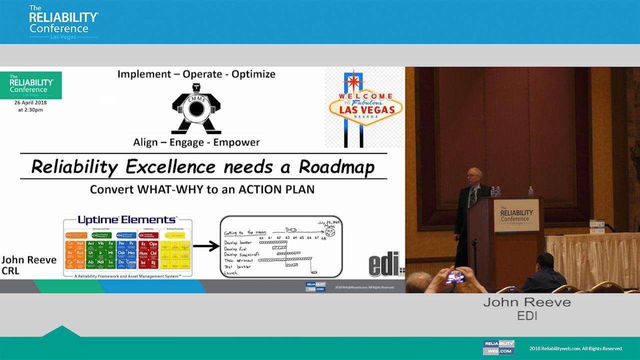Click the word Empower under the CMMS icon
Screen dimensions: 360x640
(236, 142)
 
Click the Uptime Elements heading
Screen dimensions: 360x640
(127, 220)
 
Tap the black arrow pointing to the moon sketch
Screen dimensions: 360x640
(206, 246)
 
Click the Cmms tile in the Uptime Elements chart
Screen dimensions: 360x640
(131, 262)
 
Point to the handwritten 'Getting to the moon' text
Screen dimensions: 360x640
(245, 232)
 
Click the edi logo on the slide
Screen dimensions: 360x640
(385, 264)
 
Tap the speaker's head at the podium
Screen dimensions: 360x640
(475, 175)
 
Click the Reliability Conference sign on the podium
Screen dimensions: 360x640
(516, 215)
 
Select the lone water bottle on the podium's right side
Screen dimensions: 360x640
(530, 191)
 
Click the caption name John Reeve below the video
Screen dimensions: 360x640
(526, 302)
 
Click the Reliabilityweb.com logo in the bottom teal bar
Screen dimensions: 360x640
(498, 347)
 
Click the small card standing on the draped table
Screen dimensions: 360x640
(596, 226)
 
